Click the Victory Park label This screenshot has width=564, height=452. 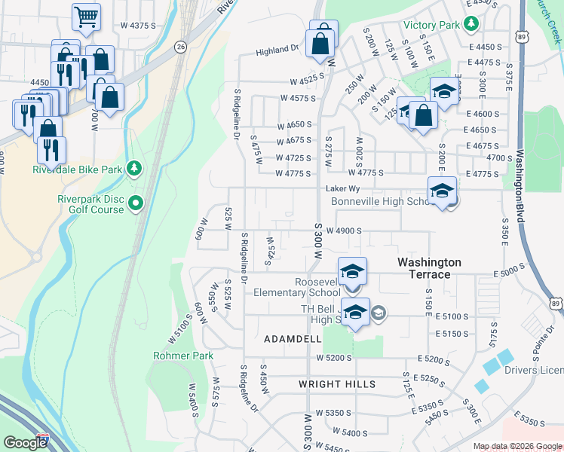click(431, 26)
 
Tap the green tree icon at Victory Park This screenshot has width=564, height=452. click(471, 25)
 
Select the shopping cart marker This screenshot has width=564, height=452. click(87, 17)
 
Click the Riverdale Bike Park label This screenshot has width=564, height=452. click(77, 169)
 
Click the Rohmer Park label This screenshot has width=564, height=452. click(183, 356)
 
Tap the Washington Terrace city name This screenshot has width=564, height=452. click(429, 268)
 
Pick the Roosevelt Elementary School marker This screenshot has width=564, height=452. click(352, 272)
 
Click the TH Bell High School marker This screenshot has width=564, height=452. click(356, 310)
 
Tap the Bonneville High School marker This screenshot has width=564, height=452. click(442, 191)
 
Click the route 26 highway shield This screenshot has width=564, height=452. click(179, 47)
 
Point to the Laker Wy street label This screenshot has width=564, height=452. click(339, 188)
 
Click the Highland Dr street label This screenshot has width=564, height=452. click(277, 50)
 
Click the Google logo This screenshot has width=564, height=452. click(25, 443)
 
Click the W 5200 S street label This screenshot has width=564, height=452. click(335, 358)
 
